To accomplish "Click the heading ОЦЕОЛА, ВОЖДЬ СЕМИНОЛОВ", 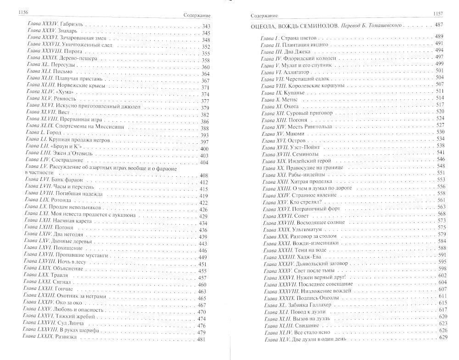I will (285, 26).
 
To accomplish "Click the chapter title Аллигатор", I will (300, 71).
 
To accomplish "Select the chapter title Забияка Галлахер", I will (313, 304).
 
